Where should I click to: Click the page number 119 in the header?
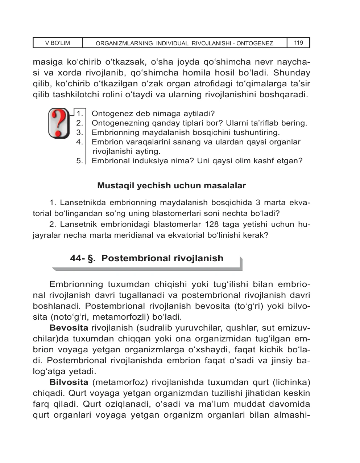point(298,43)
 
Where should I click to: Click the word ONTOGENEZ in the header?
point(255,44)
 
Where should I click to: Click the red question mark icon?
point(59,123)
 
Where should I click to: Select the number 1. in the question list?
point(80,114)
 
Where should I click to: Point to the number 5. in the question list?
point(80,161)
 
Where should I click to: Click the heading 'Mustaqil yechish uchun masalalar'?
point(171,186)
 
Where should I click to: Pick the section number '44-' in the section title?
point(77,258)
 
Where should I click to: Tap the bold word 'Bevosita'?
point(69,328)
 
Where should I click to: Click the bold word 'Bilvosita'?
point(69,382)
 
